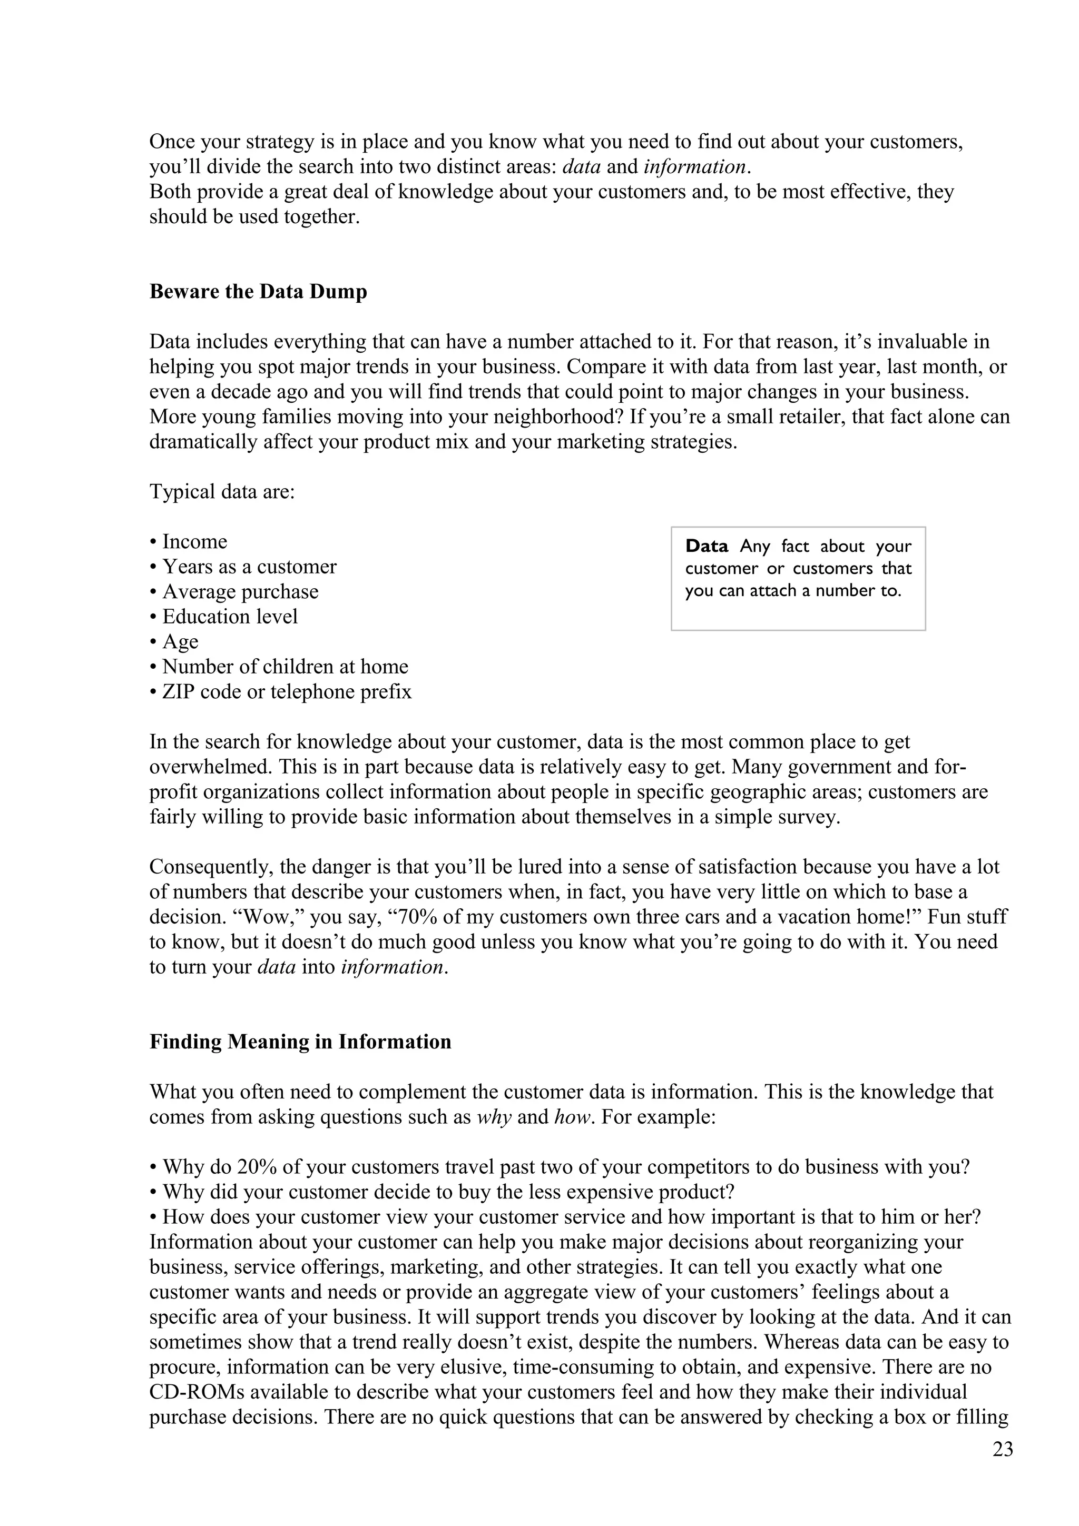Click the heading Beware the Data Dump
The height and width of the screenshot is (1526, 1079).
tap(258, 292)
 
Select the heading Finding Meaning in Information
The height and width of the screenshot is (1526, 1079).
tap(300, 1042)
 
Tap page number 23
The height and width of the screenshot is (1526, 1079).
tap(1003, 1450)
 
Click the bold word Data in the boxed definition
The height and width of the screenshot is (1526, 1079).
tap(707, 547)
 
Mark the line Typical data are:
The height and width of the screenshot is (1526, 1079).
tap(222, 492)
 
